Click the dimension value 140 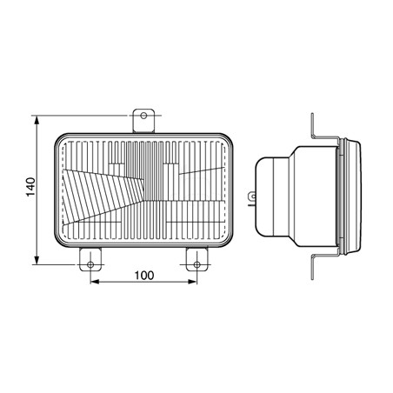(30, 187)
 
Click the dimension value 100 (143, 276)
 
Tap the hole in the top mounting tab (143, 116)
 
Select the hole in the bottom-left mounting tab (90, 264)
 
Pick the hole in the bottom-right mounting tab (196, 264)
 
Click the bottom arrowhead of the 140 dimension (37, 259)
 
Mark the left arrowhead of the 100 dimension (96, 282)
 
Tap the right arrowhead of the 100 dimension (192, 282)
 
